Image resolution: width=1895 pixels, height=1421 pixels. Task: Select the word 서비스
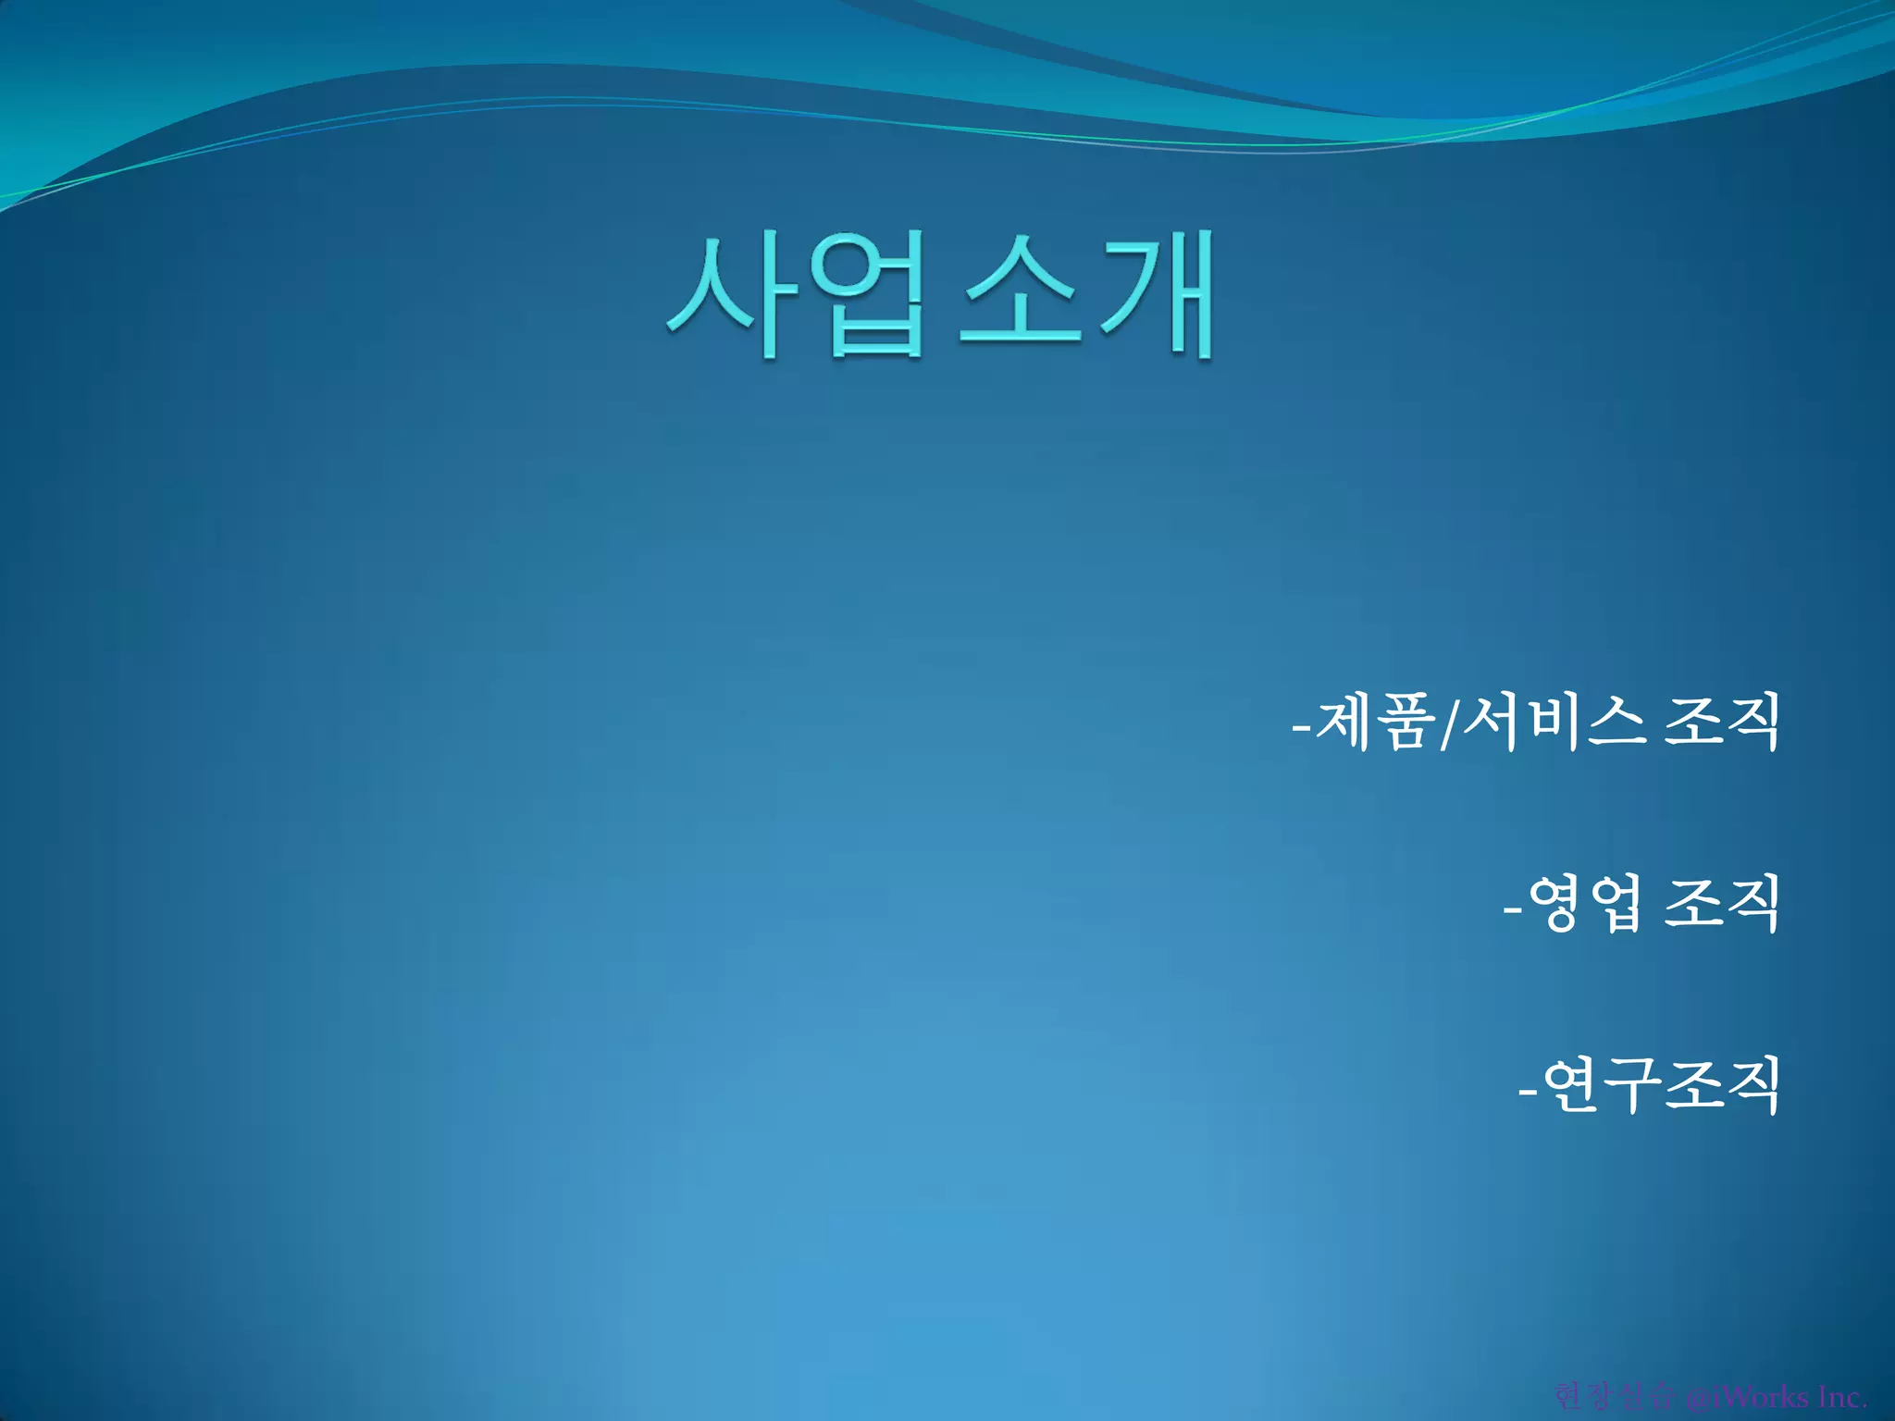click(x=1554, y=723)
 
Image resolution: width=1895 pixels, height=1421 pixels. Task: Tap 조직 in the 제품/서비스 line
click(x=1721, y=723)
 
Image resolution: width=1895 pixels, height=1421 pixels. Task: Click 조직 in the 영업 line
click(x=1721, y=904)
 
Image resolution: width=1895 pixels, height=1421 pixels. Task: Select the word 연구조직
click(x=1661, y=1085)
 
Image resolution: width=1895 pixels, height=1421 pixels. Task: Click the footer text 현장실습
click(x=1615, y=1396)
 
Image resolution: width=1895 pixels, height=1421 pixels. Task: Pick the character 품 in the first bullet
click(x=1402, y=723)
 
